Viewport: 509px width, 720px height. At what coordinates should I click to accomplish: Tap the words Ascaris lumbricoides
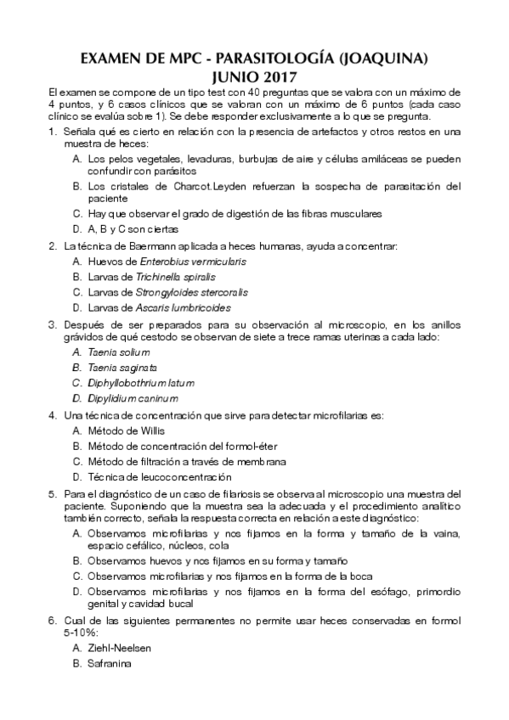[183, 307]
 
